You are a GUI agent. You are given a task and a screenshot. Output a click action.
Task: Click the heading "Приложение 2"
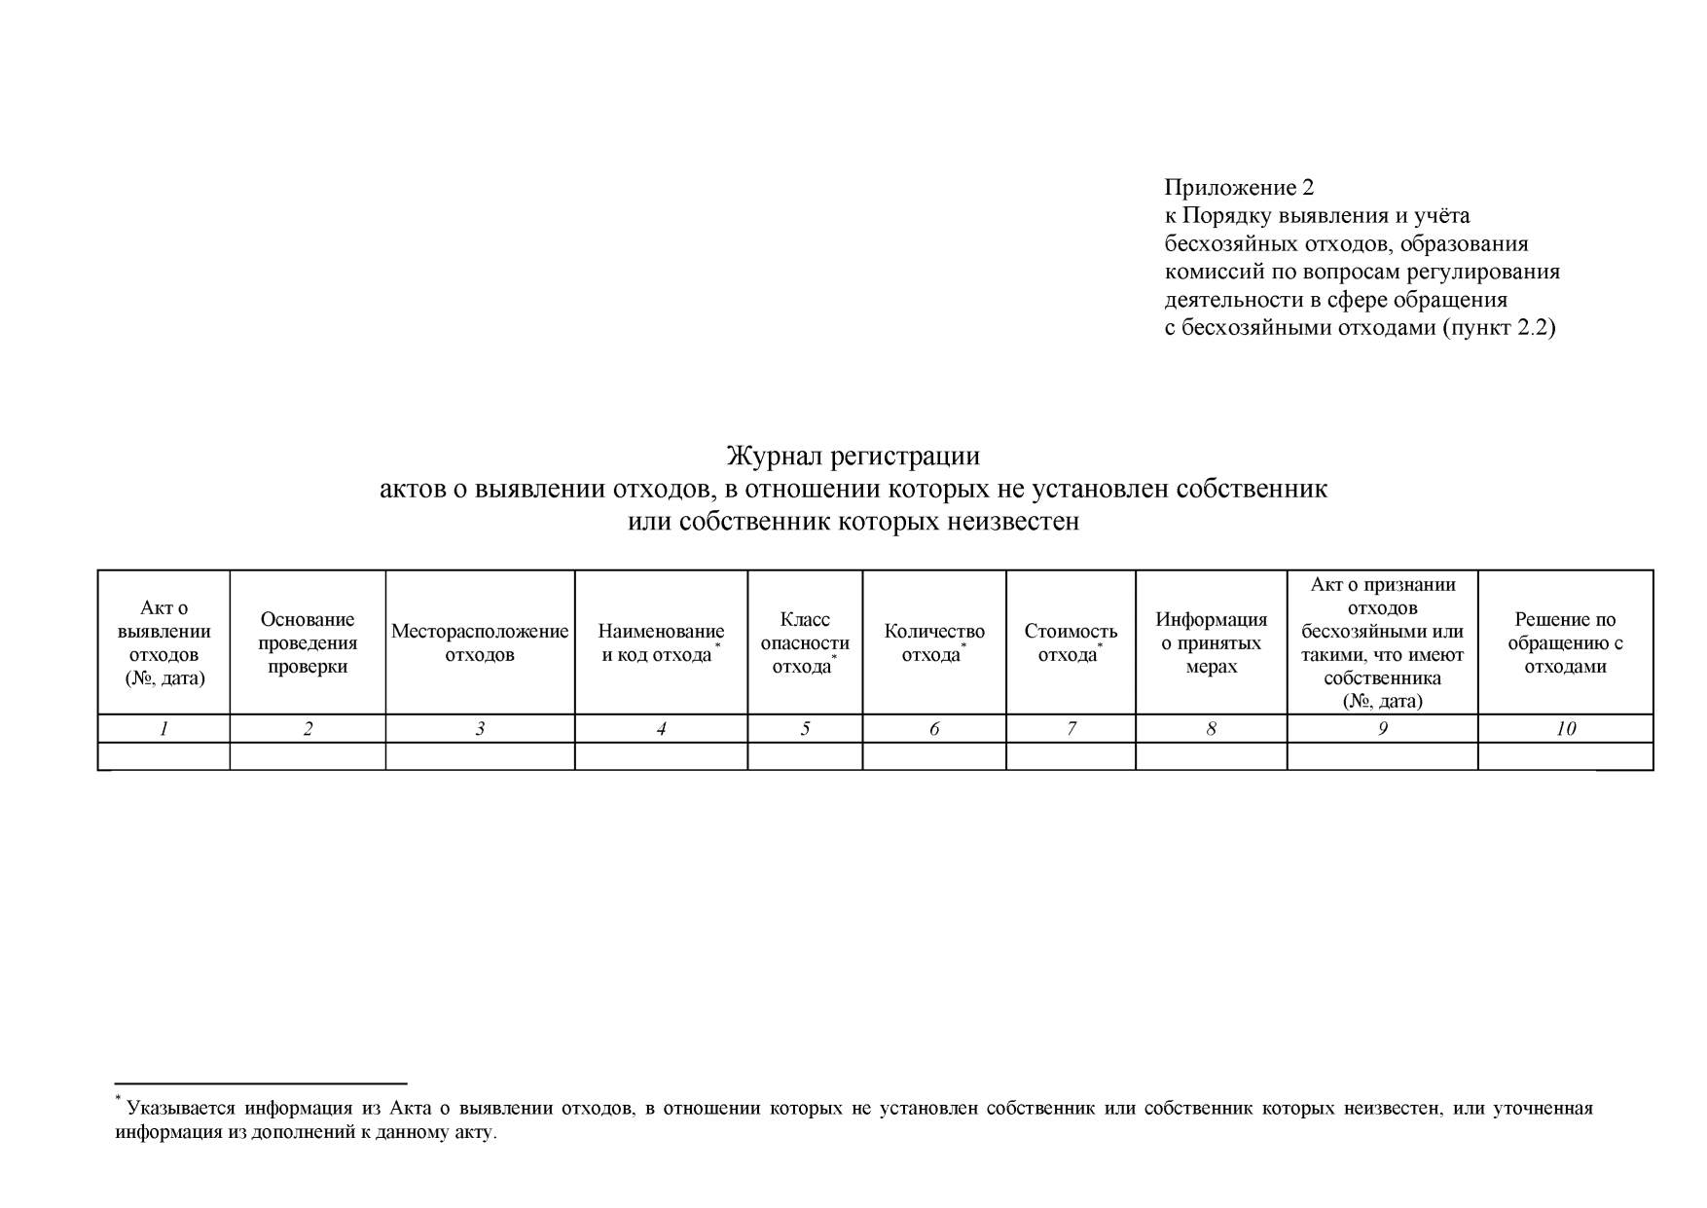pyautogui.click(x=1239, y=187)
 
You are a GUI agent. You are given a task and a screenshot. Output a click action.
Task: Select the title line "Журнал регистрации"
pyautogui.click(x=853, y=456)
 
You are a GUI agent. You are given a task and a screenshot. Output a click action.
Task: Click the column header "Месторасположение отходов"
pyautogui.click(x=480, y=642)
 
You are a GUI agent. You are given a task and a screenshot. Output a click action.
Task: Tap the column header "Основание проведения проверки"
pyautogui.click(x=308, y=642)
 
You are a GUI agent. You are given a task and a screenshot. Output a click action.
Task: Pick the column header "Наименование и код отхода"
pyautogui.click(x=661, y=642)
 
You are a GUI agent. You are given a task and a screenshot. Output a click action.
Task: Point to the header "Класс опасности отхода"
pyautogui.click(x=805, y=642)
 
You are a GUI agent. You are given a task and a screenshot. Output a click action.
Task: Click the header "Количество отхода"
pyautogui.click(x=934, y=642)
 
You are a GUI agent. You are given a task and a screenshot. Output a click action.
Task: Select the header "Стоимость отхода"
pyautogui.click(x=1071, y=642)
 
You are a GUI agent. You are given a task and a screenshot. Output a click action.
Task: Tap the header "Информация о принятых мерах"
pyautogui.click(x=1211, y=642)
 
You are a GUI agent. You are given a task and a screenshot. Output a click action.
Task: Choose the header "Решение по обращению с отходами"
pyautogui.click(x=1565, y=642)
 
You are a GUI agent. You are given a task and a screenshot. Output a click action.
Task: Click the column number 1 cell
pyautogui.click(x=164, y=728)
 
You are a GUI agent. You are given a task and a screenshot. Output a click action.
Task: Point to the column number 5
pyautogui.click(x=805, y=728)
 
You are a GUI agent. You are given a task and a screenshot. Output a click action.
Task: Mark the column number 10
pyautogui.click(x=1565, y=728)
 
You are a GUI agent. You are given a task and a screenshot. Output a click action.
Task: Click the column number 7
pyautogui.click(x=1071, y=728)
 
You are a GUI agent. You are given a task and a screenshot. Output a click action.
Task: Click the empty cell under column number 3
pyautogui.click(x=480, y=756)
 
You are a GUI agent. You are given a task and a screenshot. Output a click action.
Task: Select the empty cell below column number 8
pyautogui.click(x=1211, y=756)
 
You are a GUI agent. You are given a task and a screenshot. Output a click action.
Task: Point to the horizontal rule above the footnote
pyautogui.click(x=260, y=1082)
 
